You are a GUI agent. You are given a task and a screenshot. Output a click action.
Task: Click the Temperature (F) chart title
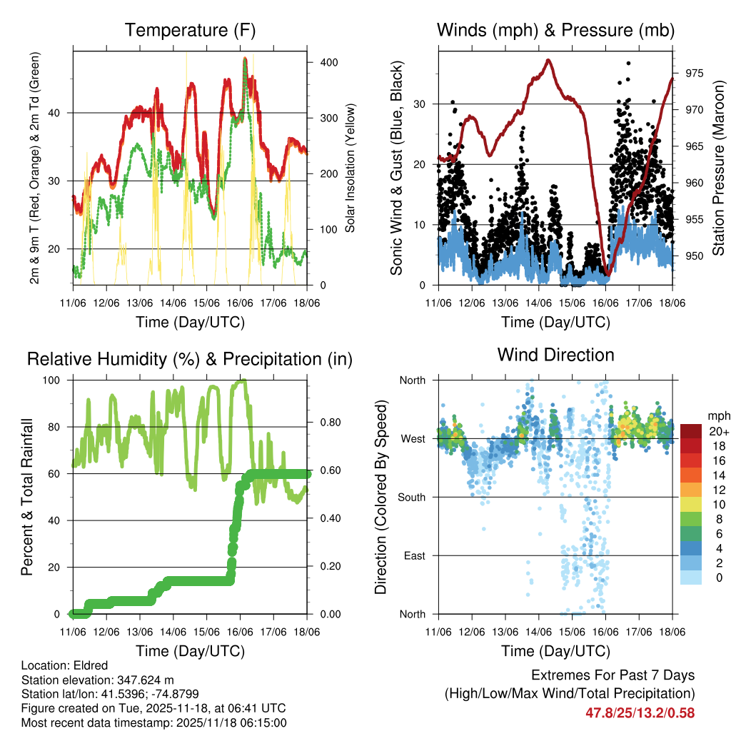coord(190,31)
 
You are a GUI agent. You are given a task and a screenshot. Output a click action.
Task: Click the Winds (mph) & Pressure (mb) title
coord(555,31)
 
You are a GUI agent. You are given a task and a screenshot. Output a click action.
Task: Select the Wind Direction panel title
coord(555,355)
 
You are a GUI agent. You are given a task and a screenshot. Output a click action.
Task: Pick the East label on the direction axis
coord(413,555)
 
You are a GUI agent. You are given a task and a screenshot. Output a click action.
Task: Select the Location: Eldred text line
coord(62,665)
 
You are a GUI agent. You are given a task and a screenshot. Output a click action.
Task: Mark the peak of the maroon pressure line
coord(548,59)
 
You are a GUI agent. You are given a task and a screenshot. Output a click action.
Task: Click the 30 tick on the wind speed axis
coord(424,104)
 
